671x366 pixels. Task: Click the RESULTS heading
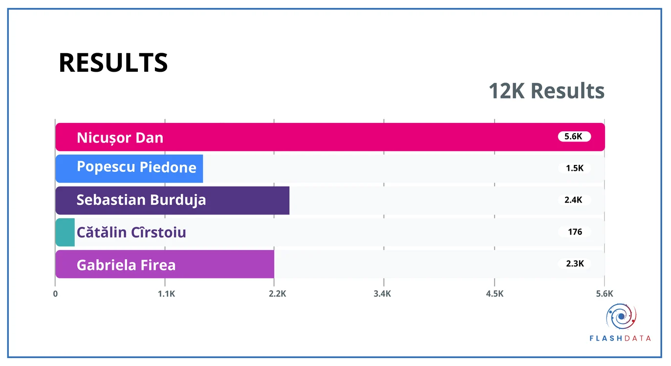click(x=113, y=62)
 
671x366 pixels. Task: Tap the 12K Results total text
click(x=547, y=91)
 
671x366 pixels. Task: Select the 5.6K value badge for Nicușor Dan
click(x=574, y=137)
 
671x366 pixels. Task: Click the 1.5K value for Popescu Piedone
click(x=575, y=168)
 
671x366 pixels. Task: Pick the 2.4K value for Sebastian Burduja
click(x=573, y=200)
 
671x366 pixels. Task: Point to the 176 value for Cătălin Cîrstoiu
click(x=575, y=232)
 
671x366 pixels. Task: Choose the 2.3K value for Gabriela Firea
click(x=575, y=264)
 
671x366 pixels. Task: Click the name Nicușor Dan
click(x=120, y=138)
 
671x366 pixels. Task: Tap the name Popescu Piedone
click(x=137, y=167)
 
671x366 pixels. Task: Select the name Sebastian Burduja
click(x=141, y=200)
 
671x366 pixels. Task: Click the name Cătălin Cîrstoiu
click(x=131, y=232)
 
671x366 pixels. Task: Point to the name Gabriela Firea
click(x=126, y=265)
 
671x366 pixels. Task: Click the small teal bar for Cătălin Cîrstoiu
click(x=65, y=232)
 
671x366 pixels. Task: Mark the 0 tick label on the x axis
click(x=55, y=294)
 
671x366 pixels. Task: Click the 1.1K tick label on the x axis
click(x=167, y=294)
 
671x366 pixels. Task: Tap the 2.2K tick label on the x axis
click(x=278, y=294)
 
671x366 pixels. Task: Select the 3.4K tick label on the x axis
click(x=382, y=294)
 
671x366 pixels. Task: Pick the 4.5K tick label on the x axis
click(x=495, y=294)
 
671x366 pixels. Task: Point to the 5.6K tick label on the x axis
click(x=605, y=294)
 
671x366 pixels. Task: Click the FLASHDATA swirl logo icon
click(x=621, y=317)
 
